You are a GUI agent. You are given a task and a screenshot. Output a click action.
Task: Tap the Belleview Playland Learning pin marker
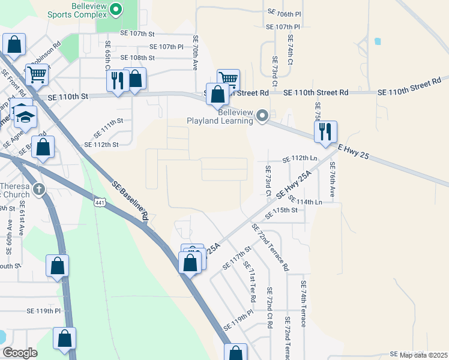coord(262,115)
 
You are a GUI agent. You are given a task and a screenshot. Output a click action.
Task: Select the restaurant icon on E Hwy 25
coord(325,132)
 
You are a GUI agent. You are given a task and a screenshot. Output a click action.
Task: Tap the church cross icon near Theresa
coord(39,190)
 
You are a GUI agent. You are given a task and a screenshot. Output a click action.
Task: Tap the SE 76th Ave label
coord(331,178)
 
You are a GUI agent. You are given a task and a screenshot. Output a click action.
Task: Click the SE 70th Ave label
coord(195,52)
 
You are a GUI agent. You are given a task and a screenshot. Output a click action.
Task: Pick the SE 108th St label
coord(137,58)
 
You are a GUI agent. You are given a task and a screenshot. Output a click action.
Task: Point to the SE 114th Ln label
coord(305,200)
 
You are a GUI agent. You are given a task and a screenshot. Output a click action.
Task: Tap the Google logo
coord(20,353)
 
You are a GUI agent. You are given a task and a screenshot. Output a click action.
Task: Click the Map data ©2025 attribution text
coord(423,355)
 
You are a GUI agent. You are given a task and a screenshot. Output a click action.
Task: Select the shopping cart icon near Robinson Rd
coord(37,74)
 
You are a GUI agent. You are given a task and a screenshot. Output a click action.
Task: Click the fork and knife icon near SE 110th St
coord(118,80)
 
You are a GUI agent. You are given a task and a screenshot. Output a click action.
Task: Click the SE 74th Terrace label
coord(304,304)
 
